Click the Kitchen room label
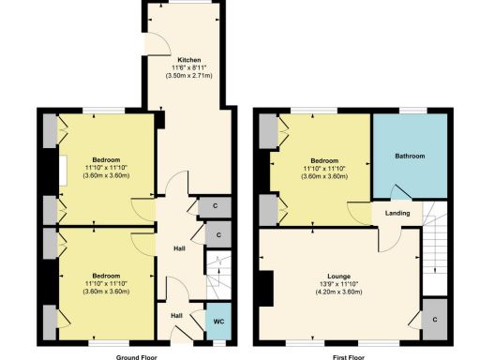pos(189,62)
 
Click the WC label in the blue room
pos(217,322)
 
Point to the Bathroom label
pos(410,157)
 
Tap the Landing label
pos(396,215)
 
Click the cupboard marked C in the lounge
pos(435,320)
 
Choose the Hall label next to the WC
pos(176,315)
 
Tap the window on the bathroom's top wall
pos(411,112)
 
